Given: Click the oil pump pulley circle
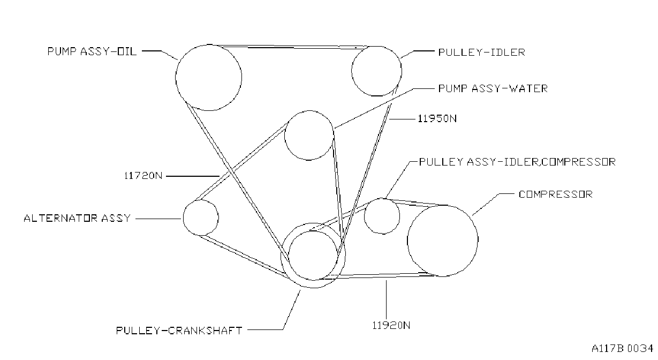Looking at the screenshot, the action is (176, 78).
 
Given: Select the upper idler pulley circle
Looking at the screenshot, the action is (352, 71).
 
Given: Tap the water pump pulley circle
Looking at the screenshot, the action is (285, 136).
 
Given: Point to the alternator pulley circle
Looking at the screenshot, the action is (183, 217).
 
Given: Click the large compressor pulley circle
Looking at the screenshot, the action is (407, 241).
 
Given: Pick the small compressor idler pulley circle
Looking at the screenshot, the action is (364, 216).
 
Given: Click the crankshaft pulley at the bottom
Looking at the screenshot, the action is (281, 256).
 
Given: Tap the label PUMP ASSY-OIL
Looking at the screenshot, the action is (92, 51).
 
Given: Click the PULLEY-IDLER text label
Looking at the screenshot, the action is (481, 52).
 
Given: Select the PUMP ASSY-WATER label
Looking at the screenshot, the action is (493, 88).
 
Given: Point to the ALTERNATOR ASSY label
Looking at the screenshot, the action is (77, 218).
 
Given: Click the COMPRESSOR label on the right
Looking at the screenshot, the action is (555, 194).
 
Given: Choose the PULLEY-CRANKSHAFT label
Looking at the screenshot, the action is (179, 331).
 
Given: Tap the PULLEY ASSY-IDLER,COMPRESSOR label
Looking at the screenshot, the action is (517, 162).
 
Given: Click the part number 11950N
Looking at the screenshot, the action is (437, 119).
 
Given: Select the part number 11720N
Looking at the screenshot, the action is (143, 176).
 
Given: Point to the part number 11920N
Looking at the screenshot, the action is (391, 325).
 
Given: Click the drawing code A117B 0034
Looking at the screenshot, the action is (622, 348).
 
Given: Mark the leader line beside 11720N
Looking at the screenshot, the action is (193, 176).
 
